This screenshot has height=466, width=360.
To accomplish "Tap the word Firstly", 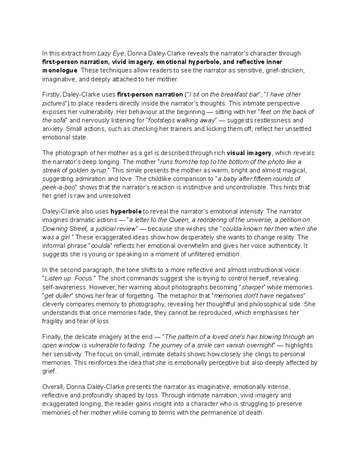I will tap(51, 95).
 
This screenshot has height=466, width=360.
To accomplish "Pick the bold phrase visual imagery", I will tap(249, 153).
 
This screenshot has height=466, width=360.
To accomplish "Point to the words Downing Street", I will tap(64, 229).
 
